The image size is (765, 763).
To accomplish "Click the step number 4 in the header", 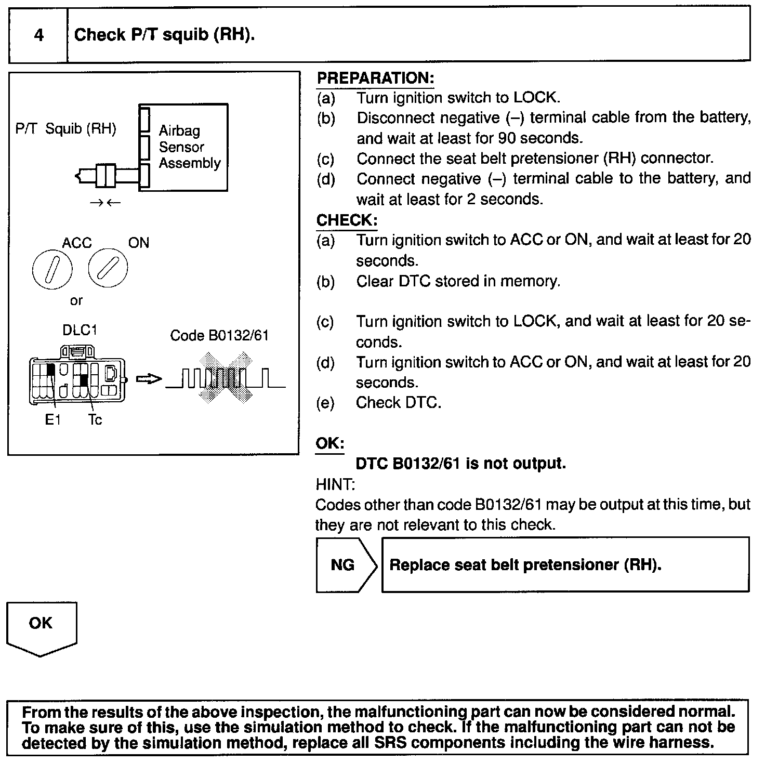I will pos(38,35).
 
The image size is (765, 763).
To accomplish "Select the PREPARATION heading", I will pos(375,78).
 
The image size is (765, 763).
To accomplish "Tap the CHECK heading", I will pos(347,220).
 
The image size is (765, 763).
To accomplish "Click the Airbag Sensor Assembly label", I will pos(189,147).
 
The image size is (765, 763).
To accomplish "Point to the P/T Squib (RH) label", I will pos(65,128).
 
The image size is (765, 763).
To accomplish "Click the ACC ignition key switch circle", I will pos(52,270).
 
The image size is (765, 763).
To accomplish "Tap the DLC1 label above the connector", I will pos(80,330).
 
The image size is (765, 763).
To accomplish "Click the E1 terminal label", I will pos(52,419).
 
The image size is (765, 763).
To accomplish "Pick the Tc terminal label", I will pos(95,419).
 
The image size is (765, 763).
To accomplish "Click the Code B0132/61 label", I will pos(219,335).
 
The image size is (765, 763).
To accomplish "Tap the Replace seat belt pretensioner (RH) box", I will pos(565,565).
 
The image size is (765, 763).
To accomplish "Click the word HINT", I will pos(335,484).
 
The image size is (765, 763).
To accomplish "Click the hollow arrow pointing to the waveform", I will pos(149,379).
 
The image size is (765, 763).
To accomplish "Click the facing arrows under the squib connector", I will pos(104,203).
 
